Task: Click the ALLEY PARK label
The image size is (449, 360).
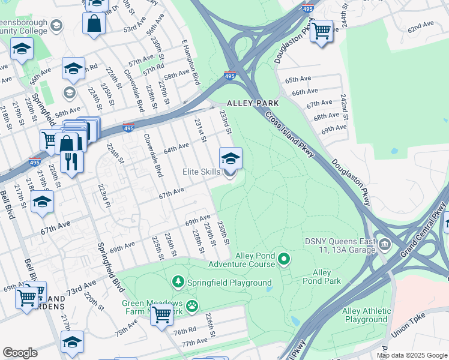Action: click(x=253, y=104)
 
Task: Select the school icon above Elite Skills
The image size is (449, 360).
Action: click(x=231, y=159)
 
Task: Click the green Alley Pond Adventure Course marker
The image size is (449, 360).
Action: click(x=285, y=260)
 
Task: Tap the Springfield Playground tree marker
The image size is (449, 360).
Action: click(x=178, y=281)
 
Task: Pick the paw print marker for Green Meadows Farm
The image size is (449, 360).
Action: click(x=191, y=307)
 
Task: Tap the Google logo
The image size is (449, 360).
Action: click(x=20, y=353)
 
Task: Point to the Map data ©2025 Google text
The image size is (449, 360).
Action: click(x=412, y=355)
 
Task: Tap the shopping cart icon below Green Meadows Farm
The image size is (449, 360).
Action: click(x=161, y=313)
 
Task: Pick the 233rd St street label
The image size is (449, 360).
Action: click(x=224, y=122)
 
